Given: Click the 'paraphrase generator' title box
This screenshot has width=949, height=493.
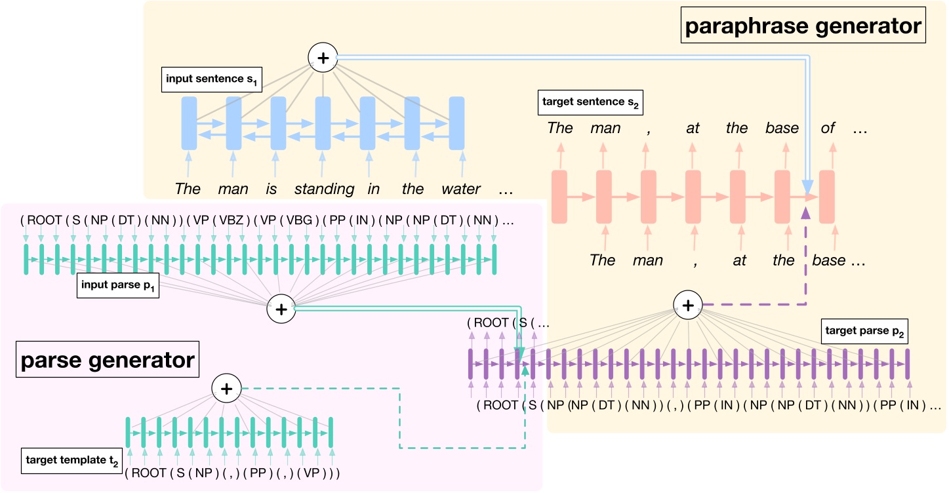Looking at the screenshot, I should tap(803, 27).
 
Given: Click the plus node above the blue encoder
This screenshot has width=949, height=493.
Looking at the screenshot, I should tap(322, 58).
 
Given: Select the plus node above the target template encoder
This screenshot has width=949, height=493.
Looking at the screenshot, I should tap(226, 389).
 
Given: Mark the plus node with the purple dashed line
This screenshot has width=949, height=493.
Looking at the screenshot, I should tap(688, 305).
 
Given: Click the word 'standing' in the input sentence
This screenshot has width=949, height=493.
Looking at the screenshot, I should tap(323, 189).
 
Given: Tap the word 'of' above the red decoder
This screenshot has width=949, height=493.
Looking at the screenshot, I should tap(828, 128).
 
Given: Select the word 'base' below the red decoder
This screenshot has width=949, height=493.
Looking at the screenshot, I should tap(828, 260).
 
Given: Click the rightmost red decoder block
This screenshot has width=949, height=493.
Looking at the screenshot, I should tap(826, 196).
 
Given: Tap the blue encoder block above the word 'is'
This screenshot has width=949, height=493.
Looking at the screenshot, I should tap(278, 123).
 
